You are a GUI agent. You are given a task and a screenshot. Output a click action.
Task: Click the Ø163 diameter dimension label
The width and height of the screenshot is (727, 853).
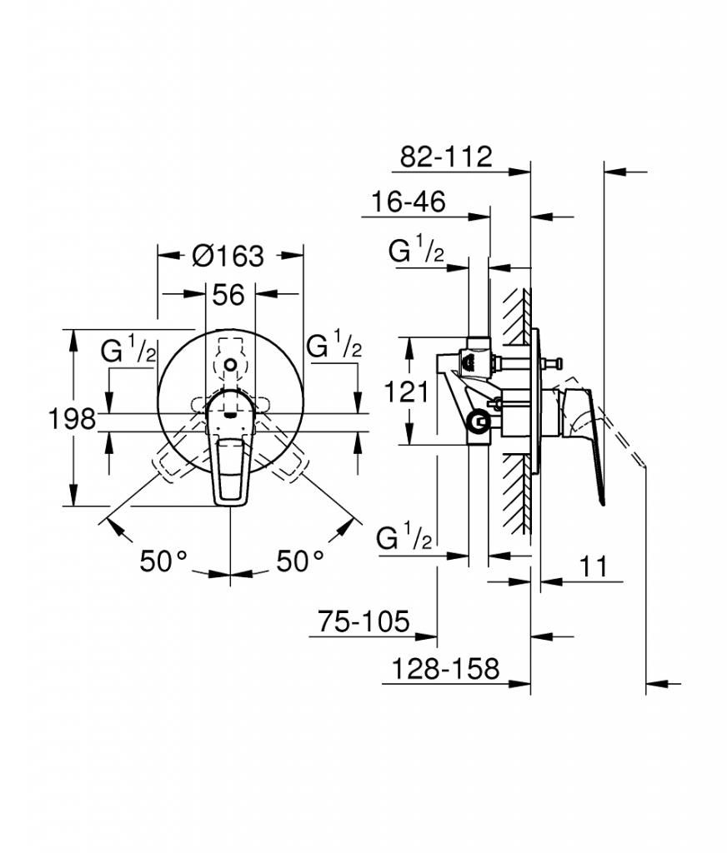pos(228,255)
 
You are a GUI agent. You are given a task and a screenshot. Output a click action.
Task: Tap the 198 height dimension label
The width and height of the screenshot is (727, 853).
pos(73,419)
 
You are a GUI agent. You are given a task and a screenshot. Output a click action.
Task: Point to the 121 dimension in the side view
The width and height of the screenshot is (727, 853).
pos(407,392)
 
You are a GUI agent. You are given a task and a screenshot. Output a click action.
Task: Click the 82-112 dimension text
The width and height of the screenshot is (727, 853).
pos(446,157)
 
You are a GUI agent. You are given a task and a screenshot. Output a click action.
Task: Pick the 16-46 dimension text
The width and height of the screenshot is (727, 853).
pos(408,202)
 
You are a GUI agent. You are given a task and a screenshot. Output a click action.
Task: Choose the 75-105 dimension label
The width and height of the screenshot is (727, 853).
pos(363,621)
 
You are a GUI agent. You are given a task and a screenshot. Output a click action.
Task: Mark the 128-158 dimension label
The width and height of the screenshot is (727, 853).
pos(445,668)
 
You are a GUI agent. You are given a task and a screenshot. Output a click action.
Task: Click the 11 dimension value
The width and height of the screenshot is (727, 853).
pos(593,566)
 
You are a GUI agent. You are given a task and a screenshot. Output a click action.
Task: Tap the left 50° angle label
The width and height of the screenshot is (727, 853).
pos(163,561)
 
